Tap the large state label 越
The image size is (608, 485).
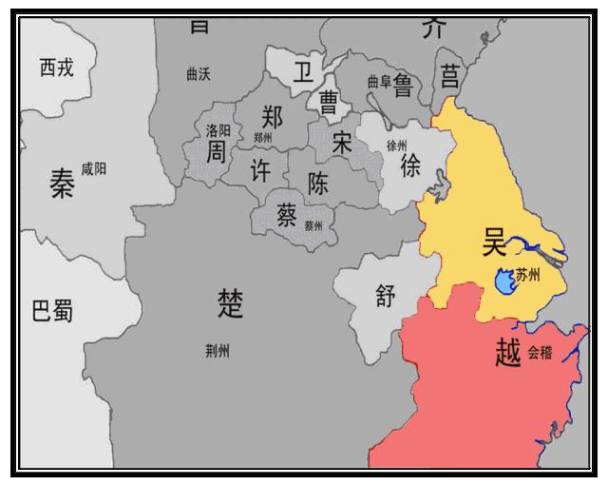pyautogui.click(x=508, y=354)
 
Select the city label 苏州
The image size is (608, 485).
pyautogui.click(x=528, y=276)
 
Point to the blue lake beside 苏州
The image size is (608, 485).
pyautogui.click(x=505, y=282)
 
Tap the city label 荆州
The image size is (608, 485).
pyautogui.click(x=218, y=352)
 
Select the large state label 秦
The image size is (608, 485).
pyautogui.click(x=62, y=186)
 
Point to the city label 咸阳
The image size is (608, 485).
pyautogui.click(x=94, y=168)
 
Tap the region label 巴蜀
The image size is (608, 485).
pyautogui.click(x=53, y=311)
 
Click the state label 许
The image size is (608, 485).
pyautogui.click(x=260, y=170)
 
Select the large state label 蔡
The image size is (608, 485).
pyautogui.click(x=287, y=216)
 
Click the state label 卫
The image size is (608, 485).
pyautogui.click(x=301, y=74)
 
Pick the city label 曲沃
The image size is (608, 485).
pyautogui.click(x=199, y=74)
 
